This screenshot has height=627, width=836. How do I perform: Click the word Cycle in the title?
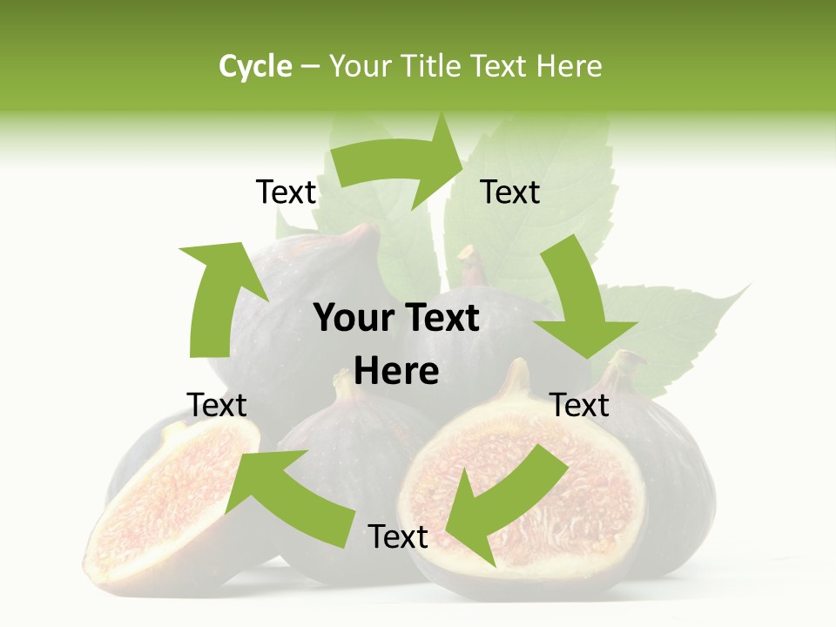click(255, 66)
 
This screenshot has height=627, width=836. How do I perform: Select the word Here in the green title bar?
click(570, 66)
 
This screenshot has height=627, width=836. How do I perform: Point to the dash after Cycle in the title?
click(310, 67)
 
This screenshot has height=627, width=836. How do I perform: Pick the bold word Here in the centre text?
click(396, 372)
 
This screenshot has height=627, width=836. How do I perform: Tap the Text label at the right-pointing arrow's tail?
click(286, 192)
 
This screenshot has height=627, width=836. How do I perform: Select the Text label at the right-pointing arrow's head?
click(510, 192)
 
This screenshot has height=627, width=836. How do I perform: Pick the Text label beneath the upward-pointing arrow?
click(217, 405)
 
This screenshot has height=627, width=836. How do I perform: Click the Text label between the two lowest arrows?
click(398, 537)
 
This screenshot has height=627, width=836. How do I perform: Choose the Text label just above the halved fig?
click(580, 405)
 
